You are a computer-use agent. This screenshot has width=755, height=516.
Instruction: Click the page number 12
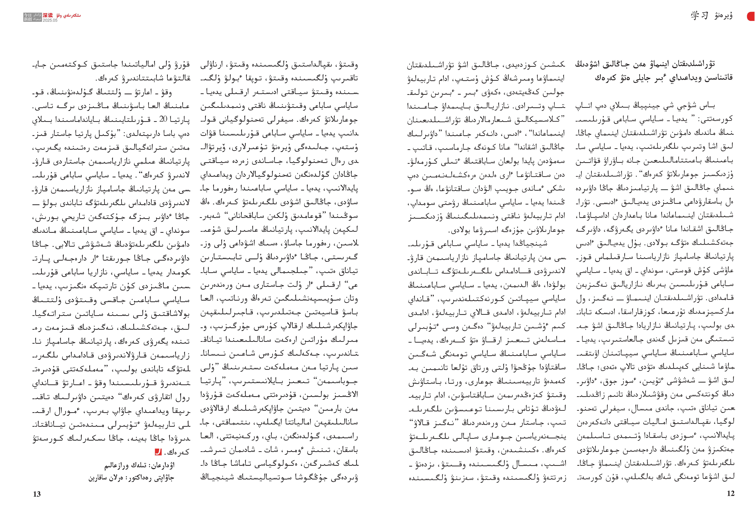click(730, 493)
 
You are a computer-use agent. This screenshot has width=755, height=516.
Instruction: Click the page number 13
click(37, 494)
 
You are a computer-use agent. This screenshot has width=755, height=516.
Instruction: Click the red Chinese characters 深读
click(47, 15)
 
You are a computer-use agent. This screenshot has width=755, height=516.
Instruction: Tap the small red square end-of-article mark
click(158, 452)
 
